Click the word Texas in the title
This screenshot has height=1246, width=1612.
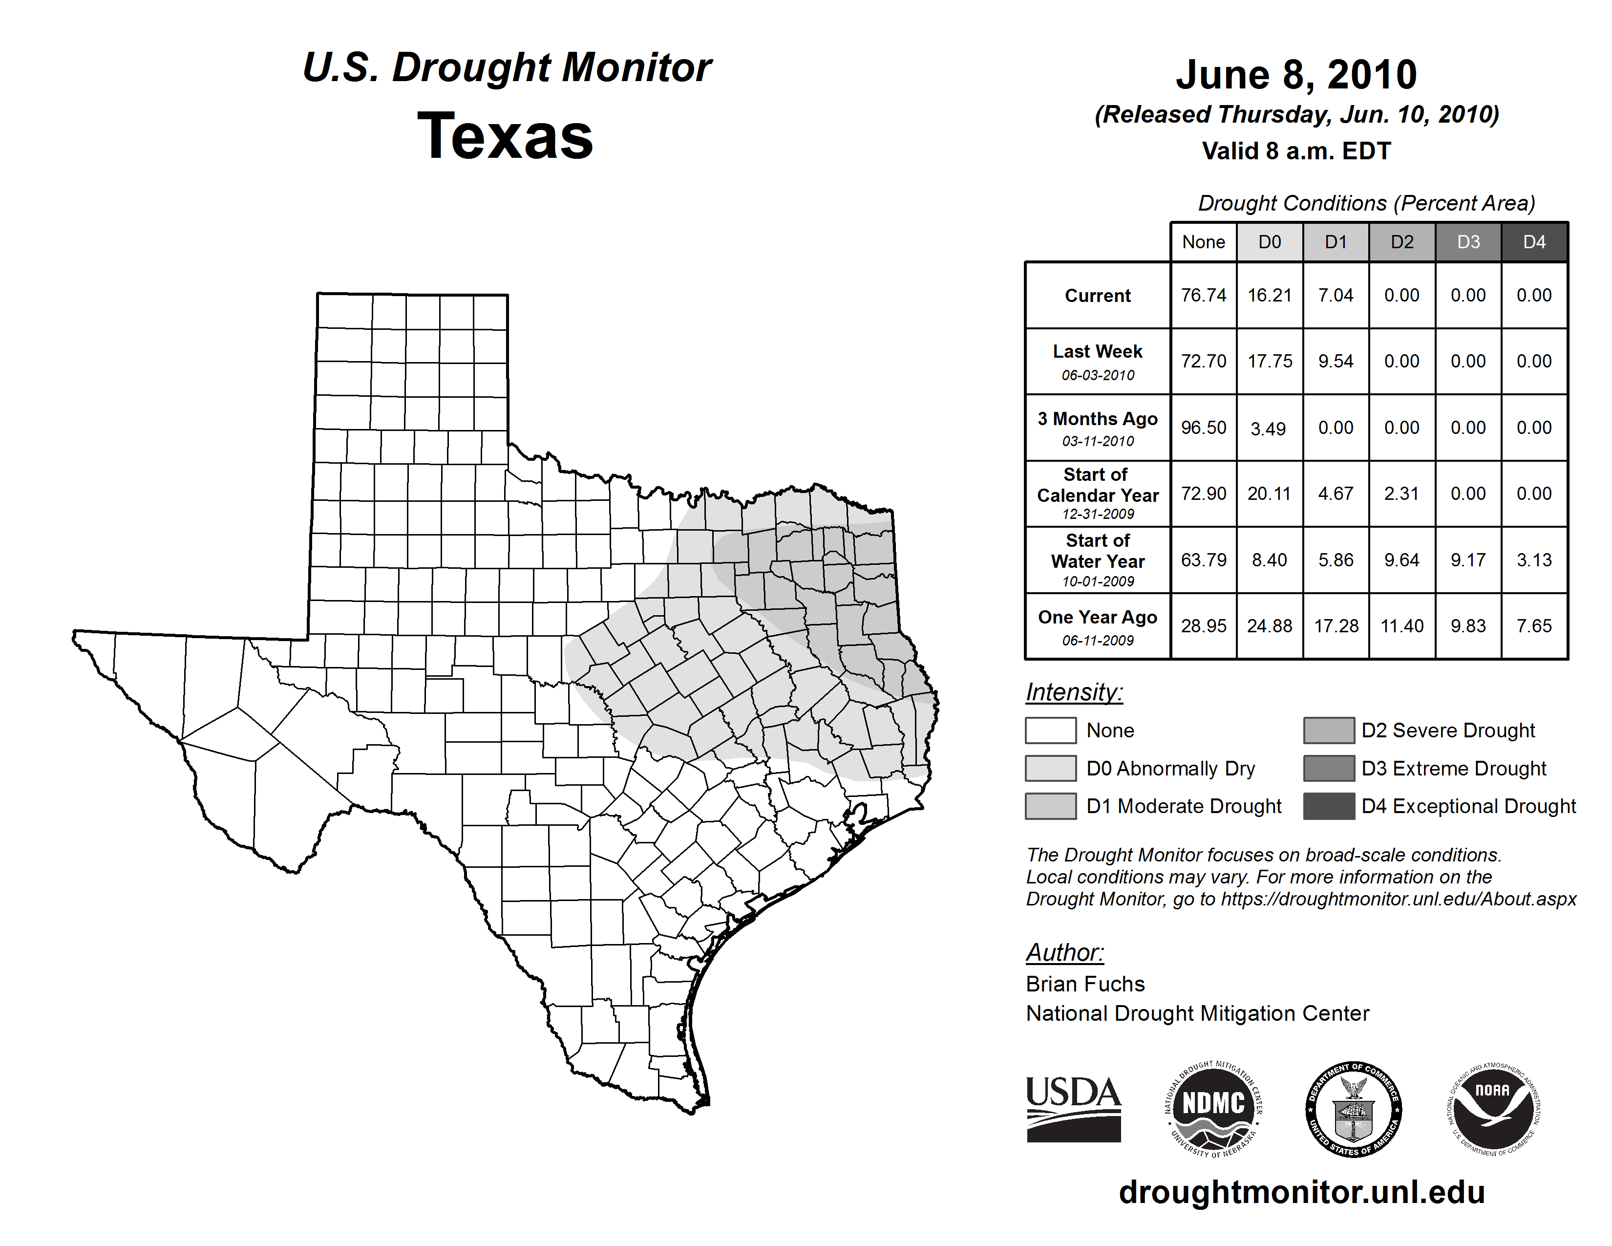coord(505,136)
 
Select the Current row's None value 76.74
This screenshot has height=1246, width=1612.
coord(1203,295)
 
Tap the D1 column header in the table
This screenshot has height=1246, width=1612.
coord(1336,242)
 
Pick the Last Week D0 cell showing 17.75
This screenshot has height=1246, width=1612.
coord(1270,361)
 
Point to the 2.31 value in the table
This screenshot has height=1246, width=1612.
coord(1401,493)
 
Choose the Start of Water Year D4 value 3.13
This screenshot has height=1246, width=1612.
coord(1534,559)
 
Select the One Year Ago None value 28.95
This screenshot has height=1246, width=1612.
coord(1203,626)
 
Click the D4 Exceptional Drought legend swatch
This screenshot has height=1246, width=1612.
coord(1329,806)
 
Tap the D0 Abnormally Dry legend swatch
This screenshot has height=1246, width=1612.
coord(1050,768)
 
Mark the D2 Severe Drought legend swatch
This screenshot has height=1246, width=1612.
coord(1329,730)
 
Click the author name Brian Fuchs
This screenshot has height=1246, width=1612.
coord(1085,984)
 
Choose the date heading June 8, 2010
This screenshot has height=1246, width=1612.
coord(1296,75)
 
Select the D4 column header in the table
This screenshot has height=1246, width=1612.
coord(1534,242)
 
